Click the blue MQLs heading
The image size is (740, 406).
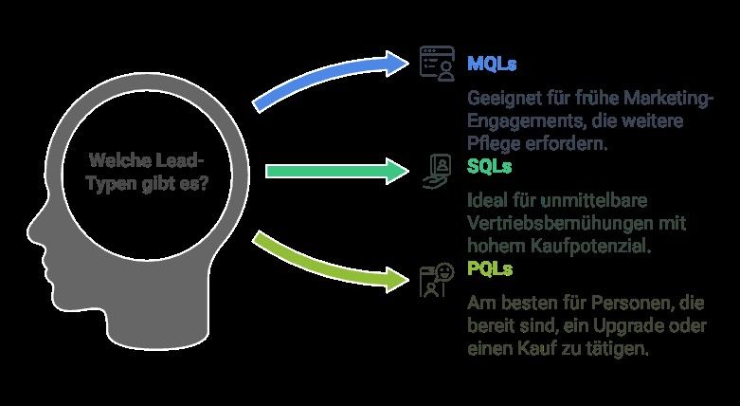(x=492, y=64)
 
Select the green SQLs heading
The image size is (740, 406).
(x=490, y=166)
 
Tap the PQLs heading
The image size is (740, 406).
(x=490, y=268)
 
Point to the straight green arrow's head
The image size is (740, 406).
(x=397, y=171)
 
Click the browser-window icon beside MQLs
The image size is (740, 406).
(x=438, y=64)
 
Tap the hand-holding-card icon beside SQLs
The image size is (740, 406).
(x=437, y=172)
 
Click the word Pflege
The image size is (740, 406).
(x=489, y=143)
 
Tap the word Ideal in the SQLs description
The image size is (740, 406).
(x=486, y=200)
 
